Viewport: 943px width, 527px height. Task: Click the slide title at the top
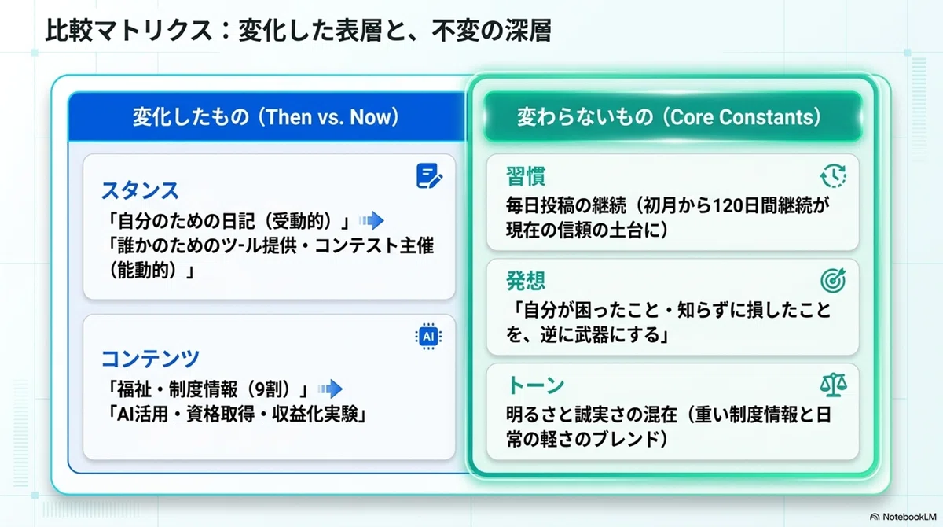click(298, 31)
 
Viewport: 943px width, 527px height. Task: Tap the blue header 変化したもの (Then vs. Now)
click(266, 116)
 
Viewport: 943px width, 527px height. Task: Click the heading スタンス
click(140, 190)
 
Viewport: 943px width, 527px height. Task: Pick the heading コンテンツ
click(150, 359)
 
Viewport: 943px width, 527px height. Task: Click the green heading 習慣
click(526, 176)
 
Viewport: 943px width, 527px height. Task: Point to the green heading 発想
click(526, 281)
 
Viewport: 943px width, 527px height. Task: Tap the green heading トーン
click(535, 385)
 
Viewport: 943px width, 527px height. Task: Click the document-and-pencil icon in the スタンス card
click(429, 175)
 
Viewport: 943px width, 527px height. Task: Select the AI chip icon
click(428, 336)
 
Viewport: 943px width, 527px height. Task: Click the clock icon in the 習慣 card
click(833, 175)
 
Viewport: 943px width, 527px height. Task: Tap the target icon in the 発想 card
click(833, 280)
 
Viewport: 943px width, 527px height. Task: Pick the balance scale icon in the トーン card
click(833, 385)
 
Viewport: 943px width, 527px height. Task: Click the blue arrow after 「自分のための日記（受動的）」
click(372, 220)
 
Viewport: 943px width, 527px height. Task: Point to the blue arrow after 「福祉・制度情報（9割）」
click(331, 389)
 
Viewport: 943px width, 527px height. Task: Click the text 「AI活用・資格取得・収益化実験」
click(237, 414)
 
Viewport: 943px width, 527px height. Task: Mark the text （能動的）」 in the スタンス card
click(150, 271)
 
